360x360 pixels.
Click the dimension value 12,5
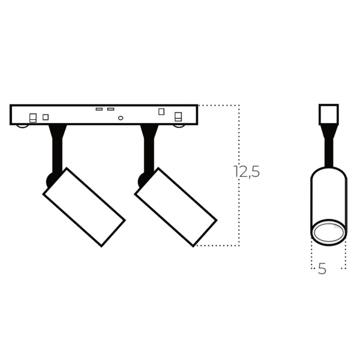(x=247, y=172)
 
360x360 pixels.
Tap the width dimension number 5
(x=322, y=269)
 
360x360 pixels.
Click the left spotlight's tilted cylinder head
(x=84, y=207)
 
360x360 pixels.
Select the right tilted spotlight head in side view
(x=175, y=207)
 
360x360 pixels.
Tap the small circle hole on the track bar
(x=121, y=118)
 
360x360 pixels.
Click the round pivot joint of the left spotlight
(x=50, y=179)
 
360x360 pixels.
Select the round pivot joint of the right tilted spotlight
(x=142, y=179)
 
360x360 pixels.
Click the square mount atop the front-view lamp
(x=328, y=114)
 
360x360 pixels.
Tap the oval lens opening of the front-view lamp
(x=328, y=233)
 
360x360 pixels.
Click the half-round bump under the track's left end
(x=22, y=126)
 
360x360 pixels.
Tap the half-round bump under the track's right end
(x=178, y=126)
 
